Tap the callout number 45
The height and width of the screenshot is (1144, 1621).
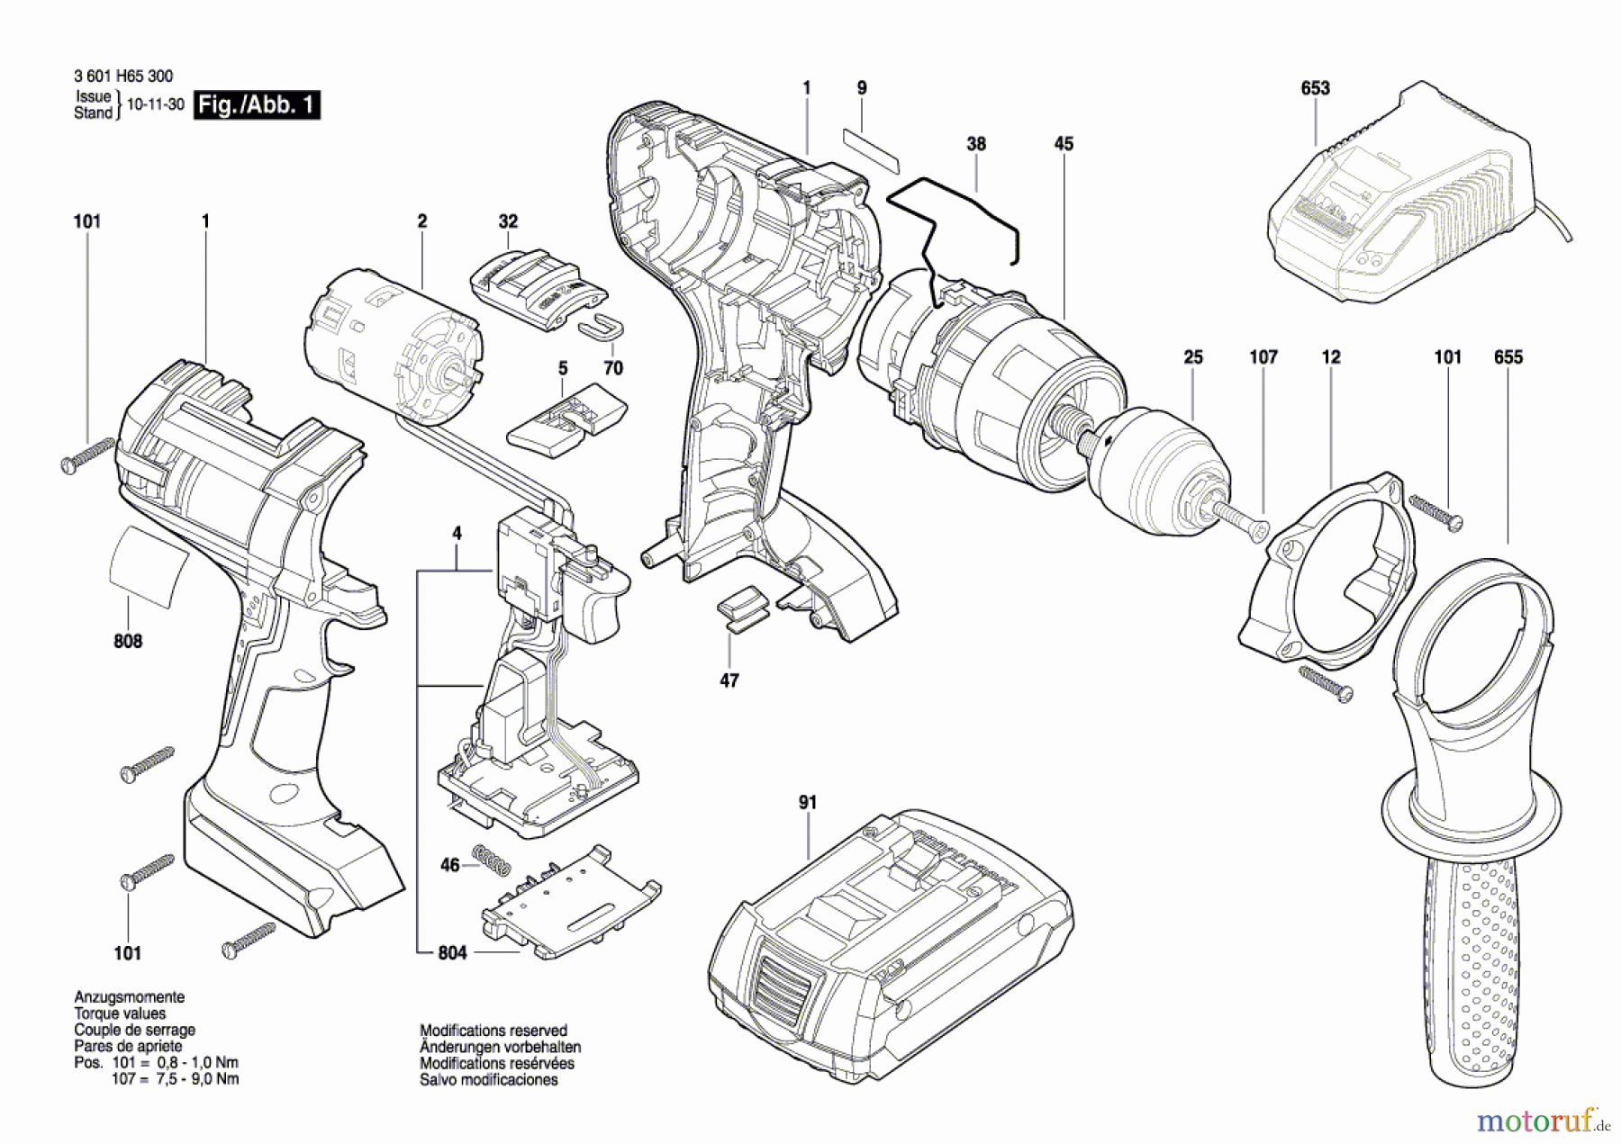(x=1064, y=143)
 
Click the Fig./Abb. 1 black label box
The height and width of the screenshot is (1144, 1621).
(x=257, y=105)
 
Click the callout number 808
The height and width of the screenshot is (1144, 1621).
(x=128, y=641)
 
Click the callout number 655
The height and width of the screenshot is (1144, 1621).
(x=1508, y=357)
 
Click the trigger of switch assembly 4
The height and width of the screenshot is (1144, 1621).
(x=599, y=603)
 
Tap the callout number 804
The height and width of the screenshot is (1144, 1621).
(x=452, y=952)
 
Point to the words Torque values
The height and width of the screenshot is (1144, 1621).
(x=120, y=1013)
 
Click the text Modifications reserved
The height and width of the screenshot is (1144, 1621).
(x=494, y=1031)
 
